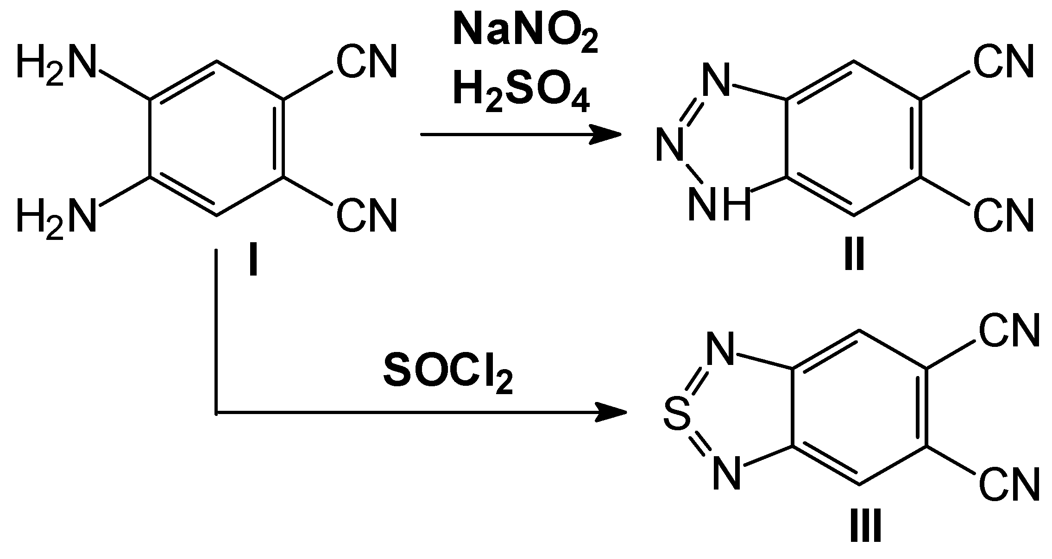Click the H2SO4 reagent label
521,93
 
